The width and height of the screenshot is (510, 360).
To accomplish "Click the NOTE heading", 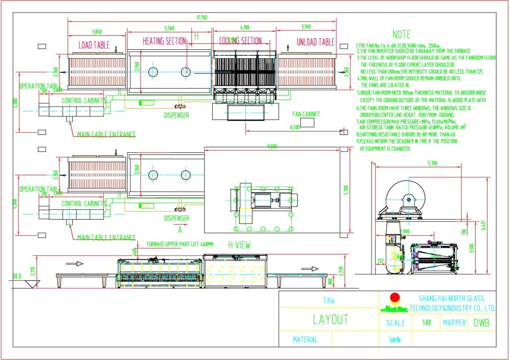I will point(401,34).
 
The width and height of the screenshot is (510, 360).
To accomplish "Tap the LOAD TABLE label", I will point(94,44).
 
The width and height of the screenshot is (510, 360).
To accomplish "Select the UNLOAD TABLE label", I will point(315,42).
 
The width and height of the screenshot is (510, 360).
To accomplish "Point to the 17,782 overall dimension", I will point(202,18).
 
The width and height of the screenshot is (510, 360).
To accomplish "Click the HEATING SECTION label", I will point(164,41).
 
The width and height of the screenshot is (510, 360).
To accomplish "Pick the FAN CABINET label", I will point(306,114).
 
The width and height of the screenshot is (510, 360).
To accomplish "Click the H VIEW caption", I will point(239,244).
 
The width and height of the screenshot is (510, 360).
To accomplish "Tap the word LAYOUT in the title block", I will point(330,320).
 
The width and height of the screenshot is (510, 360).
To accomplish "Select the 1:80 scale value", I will point(426,323).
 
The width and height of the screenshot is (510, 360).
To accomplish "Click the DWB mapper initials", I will point(481,323).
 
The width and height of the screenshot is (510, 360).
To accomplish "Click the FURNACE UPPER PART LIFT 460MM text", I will point(180,244).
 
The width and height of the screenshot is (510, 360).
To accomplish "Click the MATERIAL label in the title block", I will point(305,340).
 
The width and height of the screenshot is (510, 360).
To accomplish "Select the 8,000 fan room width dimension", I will point(271,146).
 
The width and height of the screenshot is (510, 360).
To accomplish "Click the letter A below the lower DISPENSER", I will point(180,230).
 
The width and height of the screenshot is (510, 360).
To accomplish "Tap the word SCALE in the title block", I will point(395,323).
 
